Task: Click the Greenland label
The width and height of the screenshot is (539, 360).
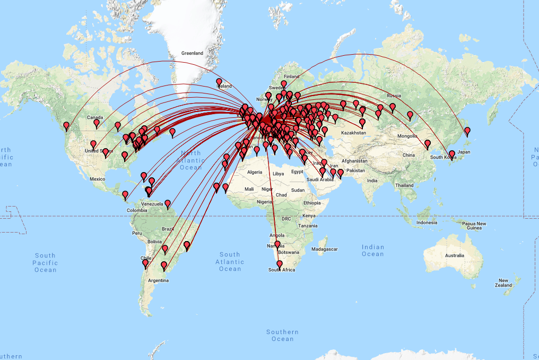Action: point(192,53)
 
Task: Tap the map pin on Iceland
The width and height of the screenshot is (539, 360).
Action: point(219,82)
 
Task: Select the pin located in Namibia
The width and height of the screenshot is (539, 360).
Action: point(277,245)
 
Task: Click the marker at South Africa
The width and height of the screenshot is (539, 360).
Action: point(280,264)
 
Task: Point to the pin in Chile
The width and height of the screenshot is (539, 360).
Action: point(145,263)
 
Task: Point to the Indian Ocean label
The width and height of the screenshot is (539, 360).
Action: point(372,251)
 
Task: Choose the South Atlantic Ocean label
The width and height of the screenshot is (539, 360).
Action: point(230,262)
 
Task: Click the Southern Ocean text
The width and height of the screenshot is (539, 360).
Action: point(282,336)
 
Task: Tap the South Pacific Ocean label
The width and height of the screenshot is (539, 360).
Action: point(45,263)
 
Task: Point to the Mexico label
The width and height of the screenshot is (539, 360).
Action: point(98,179)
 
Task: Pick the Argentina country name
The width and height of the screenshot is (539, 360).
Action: point(159,280)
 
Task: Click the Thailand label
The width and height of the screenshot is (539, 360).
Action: point(404,185)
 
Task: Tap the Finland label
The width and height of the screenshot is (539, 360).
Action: point(292,76)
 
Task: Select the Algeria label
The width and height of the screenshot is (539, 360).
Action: point(255,172)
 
